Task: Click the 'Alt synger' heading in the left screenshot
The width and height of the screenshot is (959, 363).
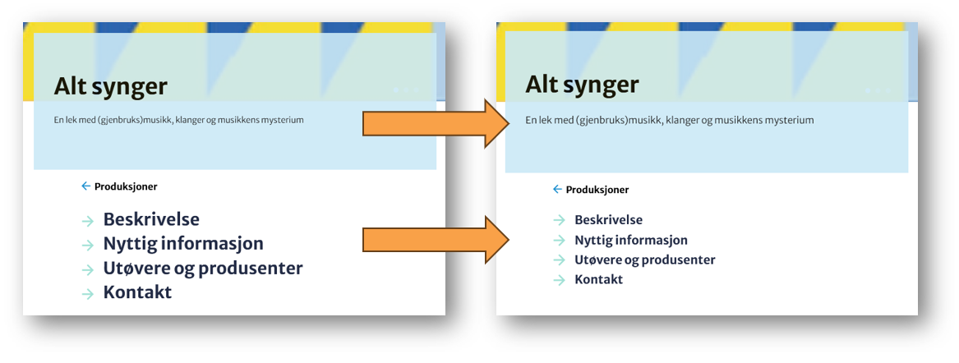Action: pyautogui.click(x=110, y=86)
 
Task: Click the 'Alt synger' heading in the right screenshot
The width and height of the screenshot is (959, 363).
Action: pyautogui.click(x=582, y=84)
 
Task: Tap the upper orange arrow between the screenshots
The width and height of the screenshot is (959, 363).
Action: pyautogui.click(x=432, y=123)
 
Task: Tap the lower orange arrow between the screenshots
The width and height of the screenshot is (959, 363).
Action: pyautogui.click(x=432, y=240)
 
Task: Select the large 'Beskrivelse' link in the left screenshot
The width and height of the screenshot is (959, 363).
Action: pyautogui.click(x=151, y=219)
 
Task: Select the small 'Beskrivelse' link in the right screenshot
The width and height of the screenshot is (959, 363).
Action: pyautogui.click(x=608, y=220)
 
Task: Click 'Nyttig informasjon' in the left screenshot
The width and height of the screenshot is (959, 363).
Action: pyautogui.click(x=183, y=244)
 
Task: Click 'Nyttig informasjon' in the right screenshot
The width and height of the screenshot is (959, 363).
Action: pyautogui.click(x=630, y=240)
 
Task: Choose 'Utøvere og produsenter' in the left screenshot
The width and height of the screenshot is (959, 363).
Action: pyautogui.click(x=203, y=269)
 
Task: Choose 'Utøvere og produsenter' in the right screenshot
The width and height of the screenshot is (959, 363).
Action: pyautogui.click(x=644, y=260)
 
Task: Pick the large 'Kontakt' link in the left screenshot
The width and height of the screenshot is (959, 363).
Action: pyautogui.click(x=137, y=292)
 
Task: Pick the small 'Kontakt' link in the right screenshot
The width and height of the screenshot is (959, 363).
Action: pyautogui.click(x=598, y=279)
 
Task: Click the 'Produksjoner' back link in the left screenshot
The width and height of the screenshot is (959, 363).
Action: pyautogui.click(x=126, y=186)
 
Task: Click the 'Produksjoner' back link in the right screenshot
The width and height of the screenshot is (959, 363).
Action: pyautogui.click(x=597, y=190)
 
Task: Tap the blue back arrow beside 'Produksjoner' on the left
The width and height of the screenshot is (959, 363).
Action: pyautogui.click(x=86, y=186)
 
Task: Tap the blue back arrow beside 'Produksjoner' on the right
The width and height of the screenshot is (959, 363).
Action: pyautogui.click(x=557, y=190)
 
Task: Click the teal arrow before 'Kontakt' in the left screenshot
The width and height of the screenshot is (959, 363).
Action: pyautogui.click(x=88, y=294)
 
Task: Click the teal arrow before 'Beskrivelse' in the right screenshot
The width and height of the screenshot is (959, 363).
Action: pyautogui.click(x=559, y=220)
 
